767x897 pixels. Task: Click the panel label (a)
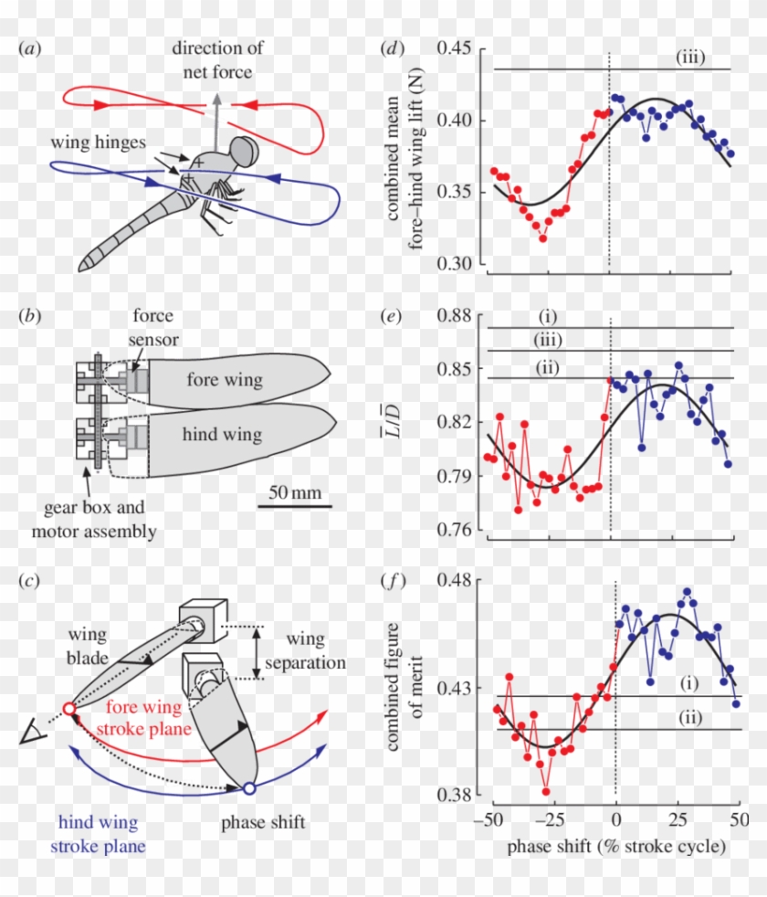29,48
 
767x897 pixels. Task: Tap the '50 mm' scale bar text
293,492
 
